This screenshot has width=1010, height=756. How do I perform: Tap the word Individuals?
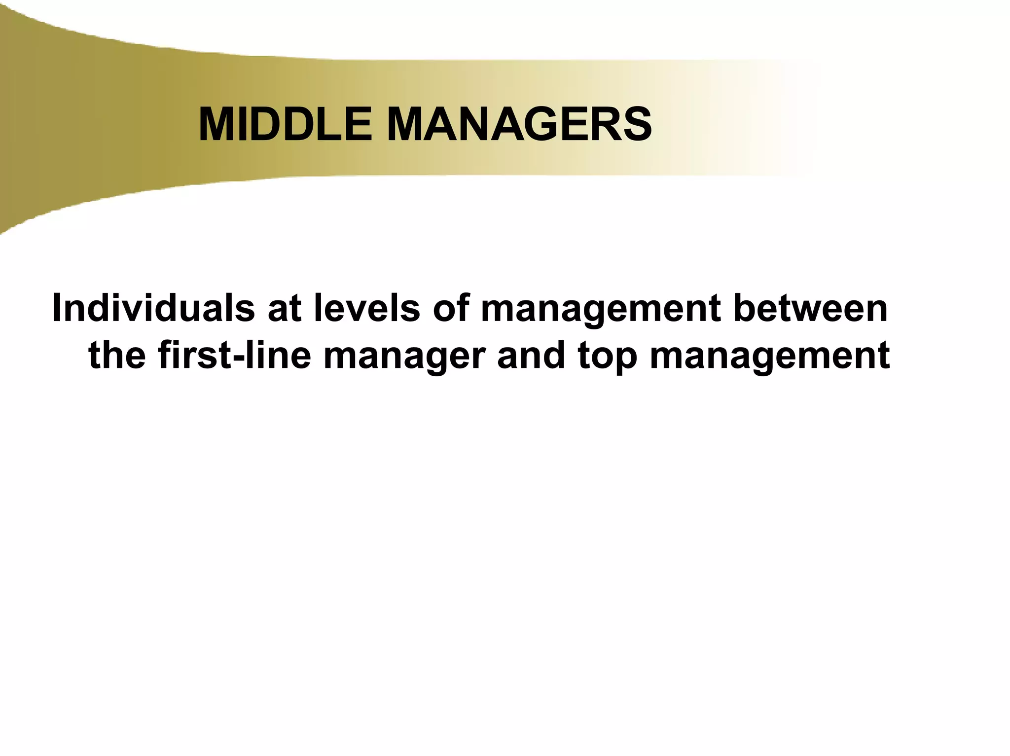click(153, 309)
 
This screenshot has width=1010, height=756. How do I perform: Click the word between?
click(810, 309)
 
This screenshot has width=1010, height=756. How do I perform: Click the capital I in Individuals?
click(56, 309)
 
